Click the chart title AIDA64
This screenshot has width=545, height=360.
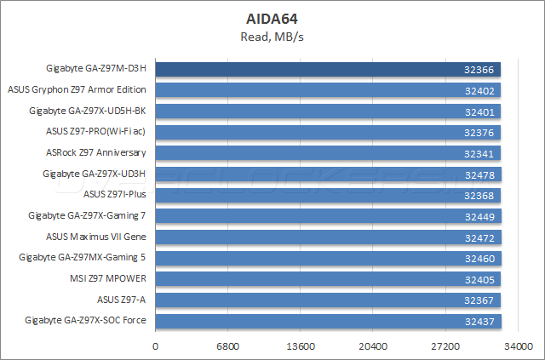[272, 17]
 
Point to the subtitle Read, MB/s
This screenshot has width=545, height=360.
[272, 36]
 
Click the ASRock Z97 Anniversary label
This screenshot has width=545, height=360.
[96, 153]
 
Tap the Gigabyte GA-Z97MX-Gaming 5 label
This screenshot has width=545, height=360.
[88, 257]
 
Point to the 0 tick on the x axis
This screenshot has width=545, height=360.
[155, 346]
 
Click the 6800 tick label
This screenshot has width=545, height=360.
[227, 346]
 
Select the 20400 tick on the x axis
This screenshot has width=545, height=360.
[373, 346]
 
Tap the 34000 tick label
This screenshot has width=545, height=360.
[518, 346]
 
